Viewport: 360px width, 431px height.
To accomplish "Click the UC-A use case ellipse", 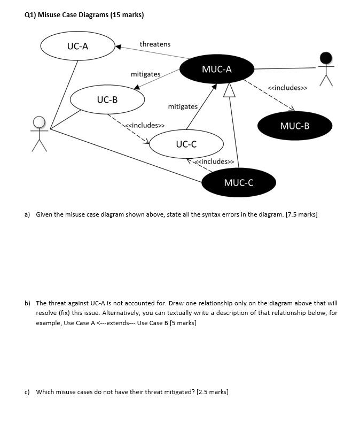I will click(77, 46).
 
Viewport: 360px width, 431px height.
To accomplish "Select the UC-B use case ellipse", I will click(107, 99).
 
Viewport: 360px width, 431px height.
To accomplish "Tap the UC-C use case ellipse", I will click(186, 144).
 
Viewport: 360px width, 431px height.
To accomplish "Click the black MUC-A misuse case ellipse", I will click(216, 69).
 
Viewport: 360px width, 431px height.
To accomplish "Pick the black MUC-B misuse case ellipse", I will click(294, 126).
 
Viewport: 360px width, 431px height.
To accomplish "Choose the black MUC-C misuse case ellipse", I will click(239, 182).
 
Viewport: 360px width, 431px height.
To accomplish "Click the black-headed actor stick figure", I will click(325, 68).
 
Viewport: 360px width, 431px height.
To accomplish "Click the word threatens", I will click(155, 44).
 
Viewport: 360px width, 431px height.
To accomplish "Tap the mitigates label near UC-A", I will click(145, 74).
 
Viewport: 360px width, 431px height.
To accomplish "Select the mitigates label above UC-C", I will click(183, 106).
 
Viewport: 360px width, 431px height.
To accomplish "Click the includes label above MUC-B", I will click(287, 87).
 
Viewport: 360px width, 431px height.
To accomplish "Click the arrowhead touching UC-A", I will click(118, 47).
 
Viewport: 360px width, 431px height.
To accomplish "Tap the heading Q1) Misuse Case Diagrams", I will click(84, 14).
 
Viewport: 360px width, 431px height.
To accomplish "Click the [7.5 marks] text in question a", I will click(302, 214).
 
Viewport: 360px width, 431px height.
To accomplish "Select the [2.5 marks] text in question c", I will click(213, 392).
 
